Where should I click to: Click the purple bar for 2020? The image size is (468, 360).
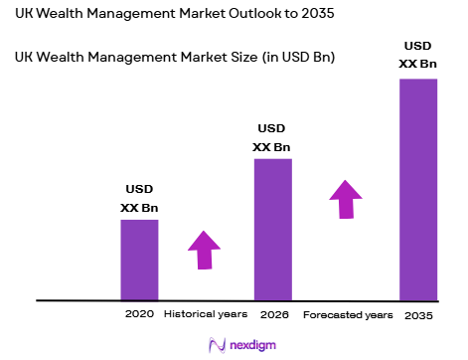point(139,259)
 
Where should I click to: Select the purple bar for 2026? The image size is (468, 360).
point(273,229)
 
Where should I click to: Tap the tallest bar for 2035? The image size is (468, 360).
point(418,189)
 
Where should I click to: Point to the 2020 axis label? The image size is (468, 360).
point(139,314)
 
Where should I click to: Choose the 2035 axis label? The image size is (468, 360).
point(418,315)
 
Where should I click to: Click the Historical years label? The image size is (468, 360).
point(205,314)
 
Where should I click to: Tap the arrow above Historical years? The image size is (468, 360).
point(205,250)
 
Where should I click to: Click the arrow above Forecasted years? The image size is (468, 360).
point(346,198)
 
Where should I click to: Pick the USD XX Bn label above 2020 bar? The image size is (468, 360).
point(139,198)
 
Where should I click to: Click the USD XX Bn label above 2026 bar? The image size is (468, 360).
point(272,138)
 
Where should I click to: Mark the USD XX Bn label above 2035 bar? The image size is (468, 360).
point(417,56)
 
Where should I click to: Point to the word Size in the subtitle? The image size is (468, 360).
point(234,58)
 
